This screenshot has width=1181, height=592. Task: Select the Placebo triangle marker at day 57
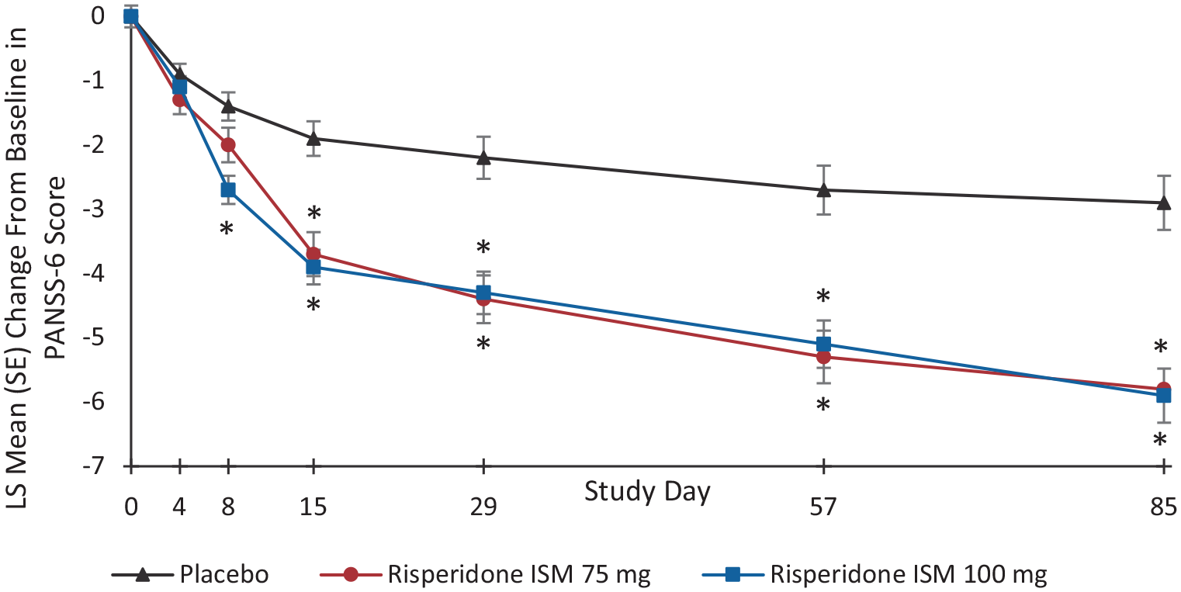pyautogui.click(x=823, y=189)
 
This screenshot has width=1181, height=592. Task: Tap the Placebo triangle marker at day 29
pyautogui.click(x=483, y=157)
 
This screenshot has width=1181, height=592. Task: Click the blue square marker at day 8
pyautogui.click(x=228, y=190)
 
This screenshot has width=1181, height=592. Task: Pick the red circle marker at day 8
pyautogui.click(x=228, y=144)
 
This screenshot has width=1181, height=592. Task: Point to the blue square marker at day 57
pyautogui.click(x=823, y=344)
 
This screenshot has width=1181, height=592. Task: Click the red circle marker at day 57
pyautogui.click(x=823, y=358)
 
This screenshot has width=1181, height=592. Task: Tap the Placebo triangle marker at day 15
pyautogui.click(x=313, y=138)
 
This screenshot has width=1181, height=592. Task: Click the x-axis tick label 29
pyautogui.click(x=483, y=507)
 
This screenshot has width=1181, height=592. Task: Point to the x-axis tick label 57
pyautogui.click(x=823, y=507)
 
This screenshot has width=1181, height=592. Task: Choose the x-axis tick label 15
pyautogui.click(x=313, y=507)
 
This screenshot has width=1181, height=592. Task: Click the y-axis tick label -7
pyautogui.click(x=93, y=467)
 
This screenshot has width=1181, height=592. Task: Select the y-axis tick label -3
pyautogui.click(x=93, y=209)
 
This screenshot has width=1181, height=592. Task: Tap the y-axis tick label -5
pyautogui.click(x=93, y=338)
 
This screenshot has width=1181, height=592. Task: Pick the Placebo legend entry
pyautogui.click(x=191, y=574)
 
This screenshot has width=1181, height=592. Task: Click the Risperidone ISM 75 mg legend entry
pyautogui.click(x=485, y=574)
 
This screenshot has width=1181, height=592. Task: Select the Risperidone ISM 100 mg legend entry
pyautogui.click(x=874, y=574)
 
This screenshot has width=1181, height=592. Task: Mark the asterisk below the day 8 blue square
pyautogui.click(x=226, y=230)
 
